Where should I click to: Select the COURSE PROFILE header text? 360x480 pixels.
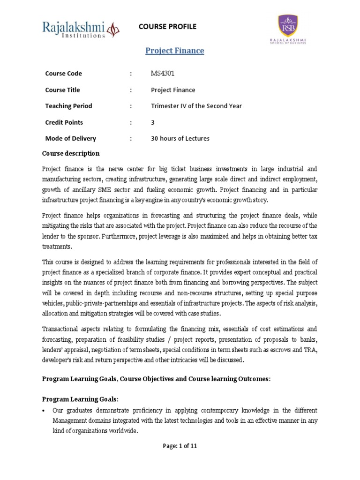coord(167,27)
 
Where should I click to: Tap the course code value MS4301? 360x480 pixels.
coord(163,74)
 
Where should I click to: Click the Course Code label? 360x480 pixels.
coord(63,74)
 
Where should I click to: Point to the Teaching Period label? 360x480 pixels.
coord(68,106)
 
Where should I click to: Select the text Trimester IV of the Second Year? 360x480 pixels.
coord(196,106)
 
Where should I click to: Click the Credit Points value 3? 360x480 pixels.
coord(153,122)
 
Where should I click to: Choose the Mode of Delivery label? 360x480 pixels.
coord(70,138)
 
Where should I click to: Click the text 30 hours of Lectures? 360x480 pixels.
coord(180,138)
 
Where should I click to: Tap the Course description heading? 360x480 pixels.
coord(71,153)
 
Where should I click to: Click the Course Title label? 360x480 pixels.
coord(62,90)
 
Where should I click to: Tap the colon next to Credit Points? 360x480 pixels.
coord(131,122)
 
